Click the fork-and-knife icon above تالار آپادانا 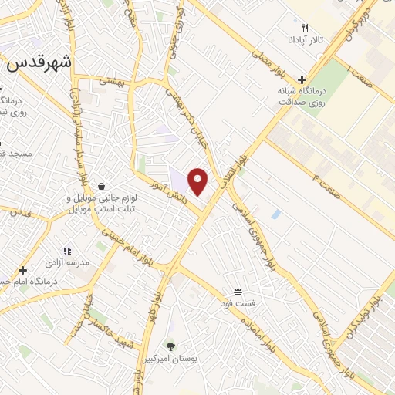pyautogui.click(x=305, y=28)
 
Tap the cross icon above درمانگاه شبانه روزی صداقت pyautogui.click(x=302, y=79)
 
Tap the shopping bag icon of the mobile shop pyautogui.click(x=102, y=185)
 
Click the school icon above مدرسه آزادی pyautogui.click(x=66, y=251)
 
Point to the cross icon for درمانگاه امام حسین pyautogui.click(x=23, y=270)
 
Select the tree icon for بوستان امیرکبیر pyautogui.click(x=170, y=346)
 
